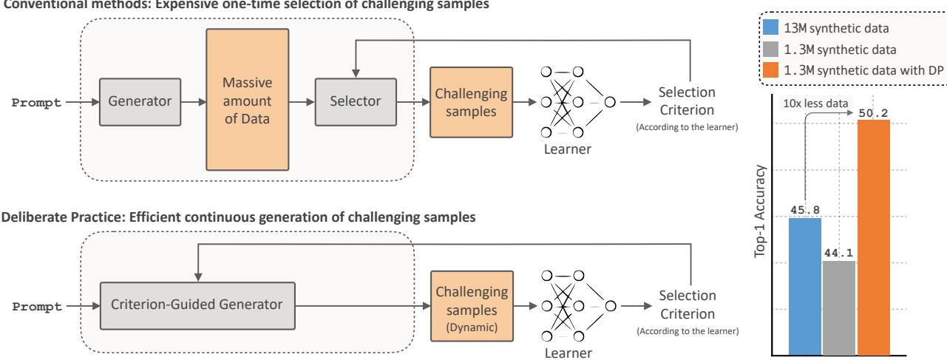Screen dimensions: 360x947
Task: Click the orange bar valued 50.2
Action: pyautogui.click(x=873, y=237)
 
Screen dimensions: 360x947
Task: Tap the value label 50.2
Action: pyautogui.click(x=873, y=113)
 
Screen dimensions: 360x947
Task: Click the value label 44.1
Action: pyautogui.click(x=837, y=253)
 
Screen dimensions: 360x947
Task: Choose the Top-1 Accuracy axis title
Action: pyautogui.click(x=759, y=220)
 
